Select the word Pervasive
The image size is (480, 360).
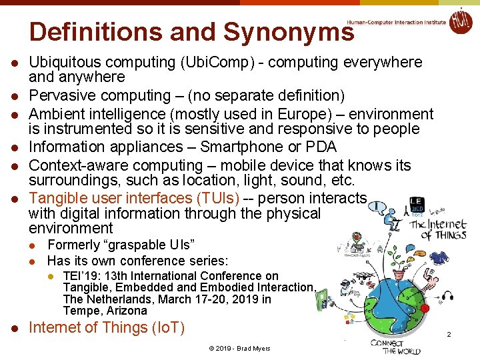tap(64, 96)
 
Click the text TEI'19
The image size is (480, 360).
tap(79, 276)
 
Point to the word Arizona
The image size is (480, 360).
tap(125, 311)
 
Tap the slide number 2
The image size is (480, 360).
tap(449, 334)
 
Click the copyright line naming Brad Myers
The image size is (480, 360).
tap(239, 349)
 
